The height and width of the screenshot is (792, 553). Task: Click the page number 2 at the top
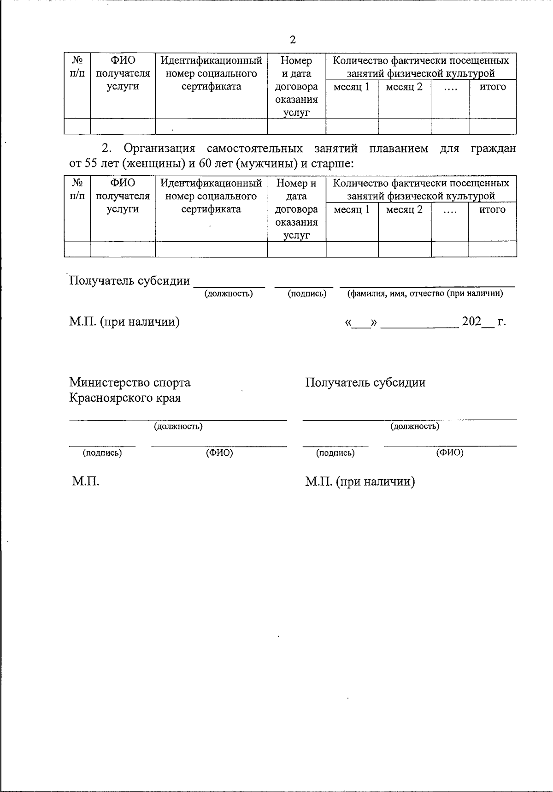[x=293, y=40]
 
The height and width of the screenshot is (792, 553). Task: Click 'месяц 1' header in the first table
[x=352, y=87]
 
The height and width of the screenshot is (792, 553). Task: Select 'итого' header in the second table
[x=493, y=209]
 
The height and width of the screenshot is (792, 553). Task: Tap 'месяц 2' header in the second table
[x=404, y=209]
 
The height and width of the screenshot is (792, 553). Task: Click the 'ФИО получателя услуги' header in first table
[x=123, y=73]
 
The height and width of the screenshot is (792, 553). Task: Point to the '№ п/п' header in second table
[x=77, y=190]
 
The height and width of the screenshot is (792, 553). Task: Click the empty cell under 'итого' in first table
[x=493, y=126]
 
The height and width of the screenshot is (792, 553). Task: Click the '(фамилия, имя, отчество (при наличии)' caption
[x=425, y=293]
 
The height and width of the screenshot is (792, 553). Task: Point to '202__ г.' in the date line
[x=483, y=322]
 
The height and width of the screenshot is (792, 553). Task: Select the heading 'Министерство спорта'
[x=129, y=382]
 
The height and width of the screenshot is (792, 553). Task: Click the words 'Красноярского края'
[x=125, y=398]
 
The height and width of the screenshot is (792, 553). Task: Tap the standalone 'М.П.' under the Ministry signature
[x=86, y=482]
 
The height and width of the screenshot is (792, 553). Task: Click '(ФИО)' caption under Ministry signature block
[x=219, y=453]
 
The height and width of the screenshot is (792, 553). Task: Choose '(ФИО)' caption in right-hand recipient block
[x=450, y=453]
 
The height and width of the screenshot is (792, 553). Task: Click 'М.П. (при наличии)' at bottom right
[x=360, y=482]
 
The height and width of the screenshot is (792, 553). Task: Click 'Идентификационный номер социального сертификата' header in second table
[x=211, y=196]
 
